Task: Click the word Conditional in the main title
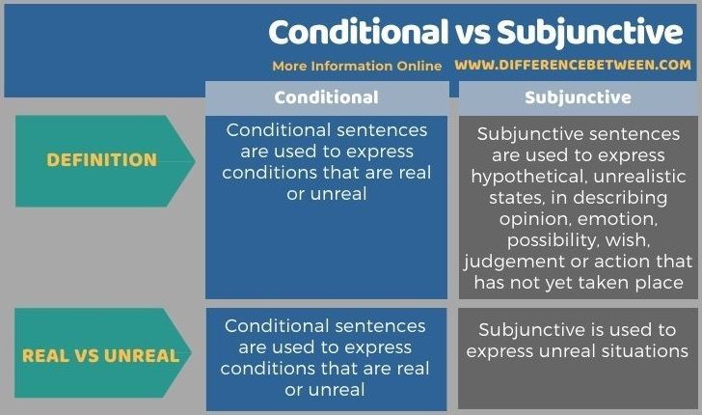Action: click(358, 32)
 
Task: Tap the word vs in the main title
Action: click(472, 34)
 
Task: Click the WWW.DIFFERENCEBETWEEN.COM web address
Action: click(573, 65)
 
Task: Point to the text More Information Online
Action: click(357, 66)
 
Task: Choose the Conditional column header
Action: click(326, 97)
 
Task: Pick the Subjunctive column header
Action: click(578, 97)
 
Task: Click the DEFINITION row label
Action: click(102, 160)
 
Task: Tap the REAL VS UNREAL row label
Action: click(100, 356)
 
